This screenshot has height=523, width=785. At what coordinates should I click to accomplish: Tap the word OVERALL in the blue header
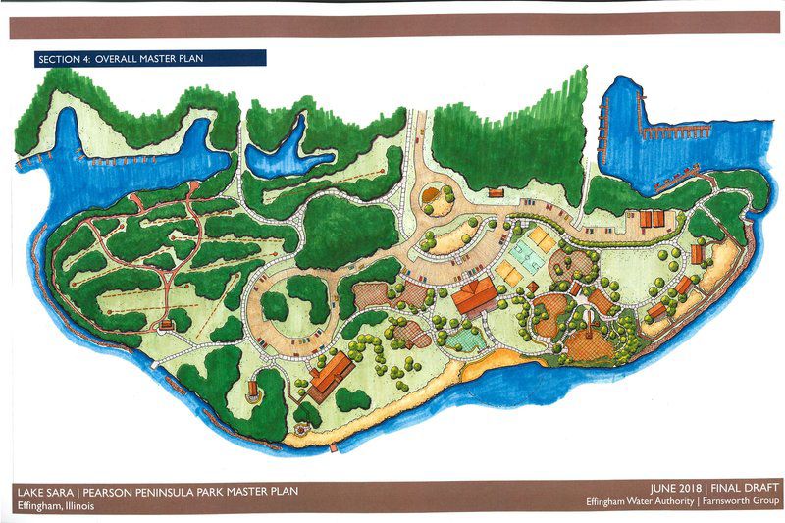click(118, 58)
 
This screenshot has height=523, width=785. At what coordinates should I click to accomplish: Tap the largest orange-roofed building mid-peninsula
click(475, 293)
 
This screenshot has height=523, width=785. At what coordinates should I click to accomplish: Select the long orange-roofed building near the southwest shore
click(330, 377)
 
